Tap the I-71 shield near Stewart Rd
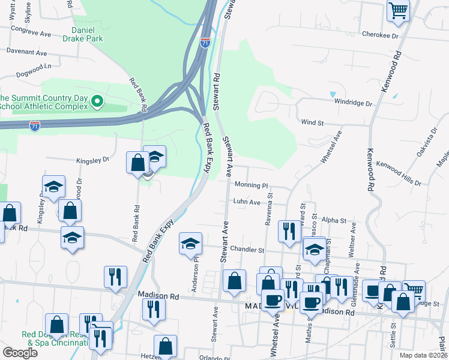coord(205,43)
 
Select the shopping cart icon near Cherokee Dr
coord(399,12)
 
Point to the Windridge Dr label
coord(354,103)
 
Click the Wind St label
coord(312,122)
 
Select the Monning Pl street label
coord(250,186)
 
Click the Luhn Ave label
coord(247,203)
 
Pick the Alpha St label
coord(334,221)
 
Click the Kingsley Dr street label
coord(92,160)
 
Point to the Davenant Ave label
coord(27,53)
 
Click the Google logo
coord(20,353)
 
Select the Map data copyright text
coord(423,355)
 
